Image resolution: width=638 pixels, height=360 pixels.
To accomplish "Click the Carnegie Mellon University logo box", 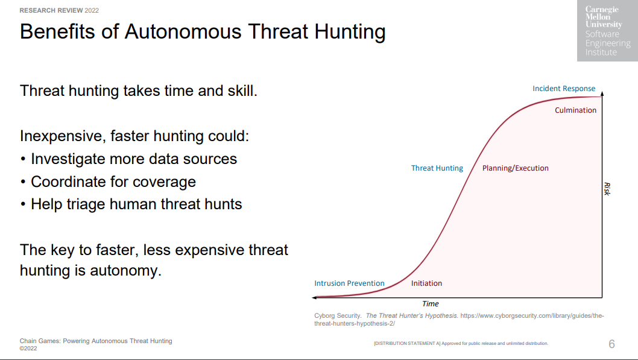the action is pos(607,31).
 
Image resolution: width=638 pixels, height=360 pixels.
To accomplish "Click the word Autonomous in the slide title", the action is pos(183,32).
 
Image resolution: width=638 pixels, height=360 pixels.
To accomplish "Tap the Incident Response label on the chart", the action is pos(564,88).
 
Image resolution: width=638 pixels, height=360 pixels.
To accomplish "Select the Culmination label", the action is pos(575,110).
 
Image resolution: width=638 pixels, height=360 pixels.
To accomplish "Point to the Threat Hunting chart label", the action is pos(437,168).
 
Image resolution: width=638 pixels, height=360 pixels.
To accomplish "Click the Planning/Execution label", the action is pos(515,168).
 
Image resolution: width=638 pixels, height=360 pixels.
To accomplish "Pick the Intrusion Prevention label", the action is pos(349,283).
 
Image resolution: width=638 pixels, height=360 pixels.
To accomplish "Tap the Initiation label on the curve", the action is pos(426,283).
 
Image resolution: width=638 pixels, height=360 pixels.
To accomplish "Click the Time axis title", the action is pos(430,304).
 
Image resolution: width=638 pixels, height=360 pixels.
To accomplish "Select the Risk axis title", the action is pos(607,189).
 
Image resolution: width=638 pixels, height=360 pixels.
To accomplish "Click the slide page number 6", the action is pos(611,344).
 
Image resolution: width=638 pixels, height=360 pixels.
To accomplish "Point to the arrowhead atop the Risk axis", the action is pos(602,93).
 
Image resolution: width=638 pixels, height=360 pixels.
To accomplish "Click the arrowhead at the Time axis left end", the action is pos(314,298).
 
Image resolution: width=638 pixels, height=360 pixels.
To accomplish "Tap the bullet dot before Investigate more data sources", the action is pos(23,159).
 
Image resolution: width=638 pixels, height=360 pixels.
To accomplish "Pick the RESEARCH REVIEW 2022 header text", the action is pos(59,10).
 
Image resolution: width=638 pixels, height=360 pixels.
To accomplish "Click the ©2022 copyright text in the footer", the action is pos(28,348).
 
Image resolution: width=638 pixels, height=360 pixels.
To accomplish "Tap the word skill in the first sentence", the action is pos(242,90).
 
